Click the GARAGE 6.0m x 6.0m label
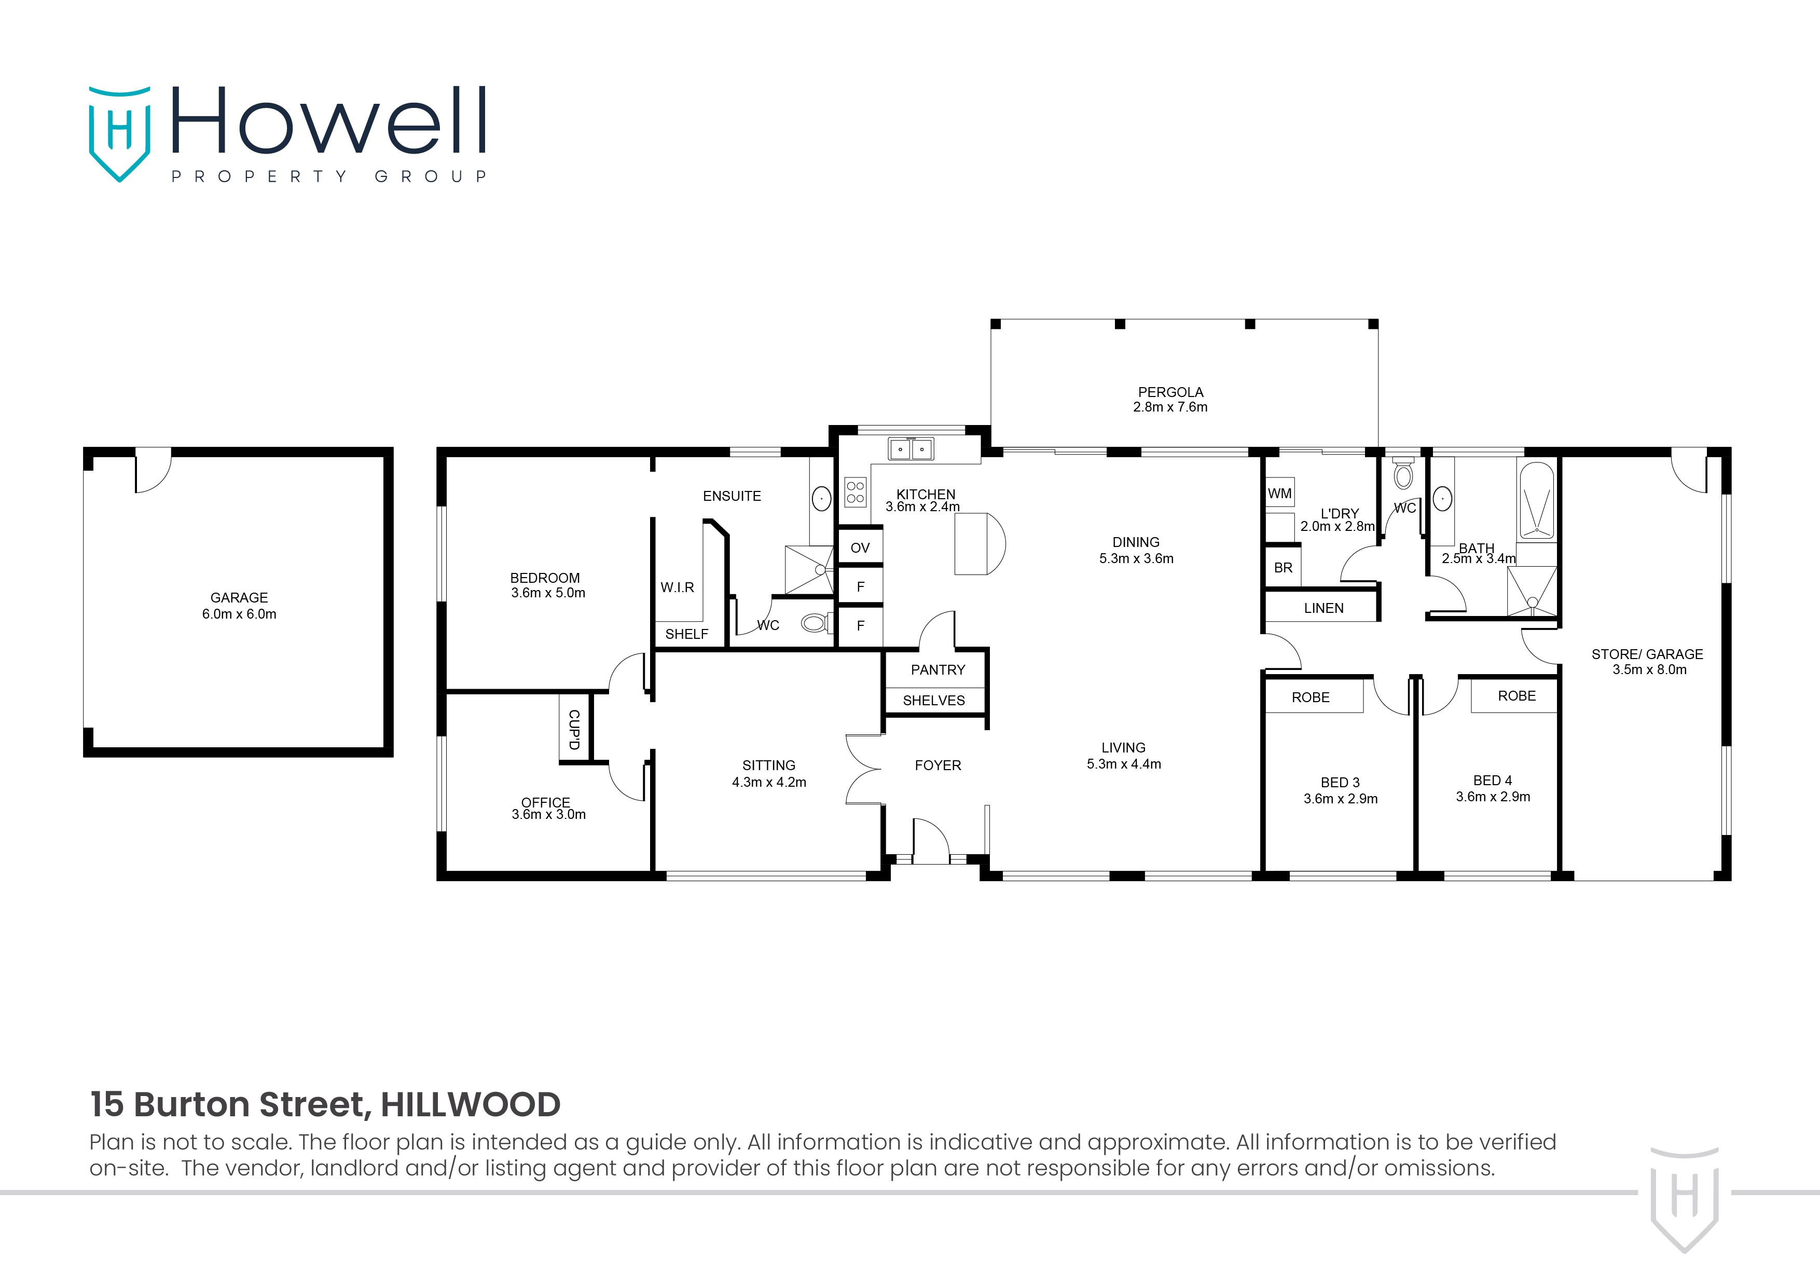(x=239, y=606)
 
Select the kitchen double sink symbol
(x=911, y=449)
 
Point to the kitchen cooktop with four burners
(x=856, y=491)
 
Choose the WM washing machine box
(x=1279, y=493)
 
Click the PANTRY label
(x=937, y=670)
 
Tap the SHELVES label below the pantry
(x=934, y=700)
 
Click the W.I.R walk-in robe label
(x=677, y=587)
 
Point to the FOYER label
(x=937, y=765)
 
